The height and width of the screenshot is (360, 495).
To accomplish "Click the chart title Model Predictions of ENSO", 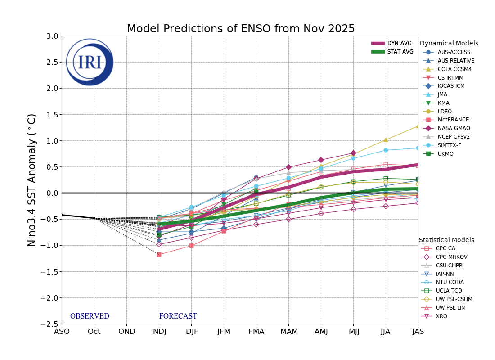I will tap(241, 29).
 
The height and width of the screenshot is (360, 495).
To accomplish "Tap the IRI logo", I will tap(90, 62).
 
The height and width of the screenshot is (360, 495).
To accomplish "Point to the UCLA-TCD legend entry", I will tap(450, 291).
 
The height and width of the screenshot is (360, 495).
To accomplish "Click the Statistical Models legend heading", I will tap(446, 240).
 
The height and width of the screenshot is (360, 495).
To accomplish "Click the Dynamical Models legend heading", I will tap(449, 44).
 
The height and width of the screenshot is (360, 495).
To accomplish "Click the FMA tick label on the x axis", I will tap(256, 332).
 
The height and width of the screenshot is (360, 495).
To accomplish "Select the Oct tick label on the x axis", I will tap(94, 332).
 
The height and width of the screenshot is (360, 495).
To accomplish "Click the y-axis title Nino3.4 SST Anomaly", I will tap(32, 180).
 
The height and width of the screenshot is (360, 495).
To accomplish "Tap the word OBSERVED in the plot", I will tap(90, 316).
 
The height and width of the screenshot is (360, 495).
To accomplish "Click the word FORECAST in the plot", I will tap(178, 316).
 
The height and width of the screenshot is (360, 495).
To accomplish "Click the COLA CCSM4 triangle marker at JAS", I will tap(418, 126).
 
